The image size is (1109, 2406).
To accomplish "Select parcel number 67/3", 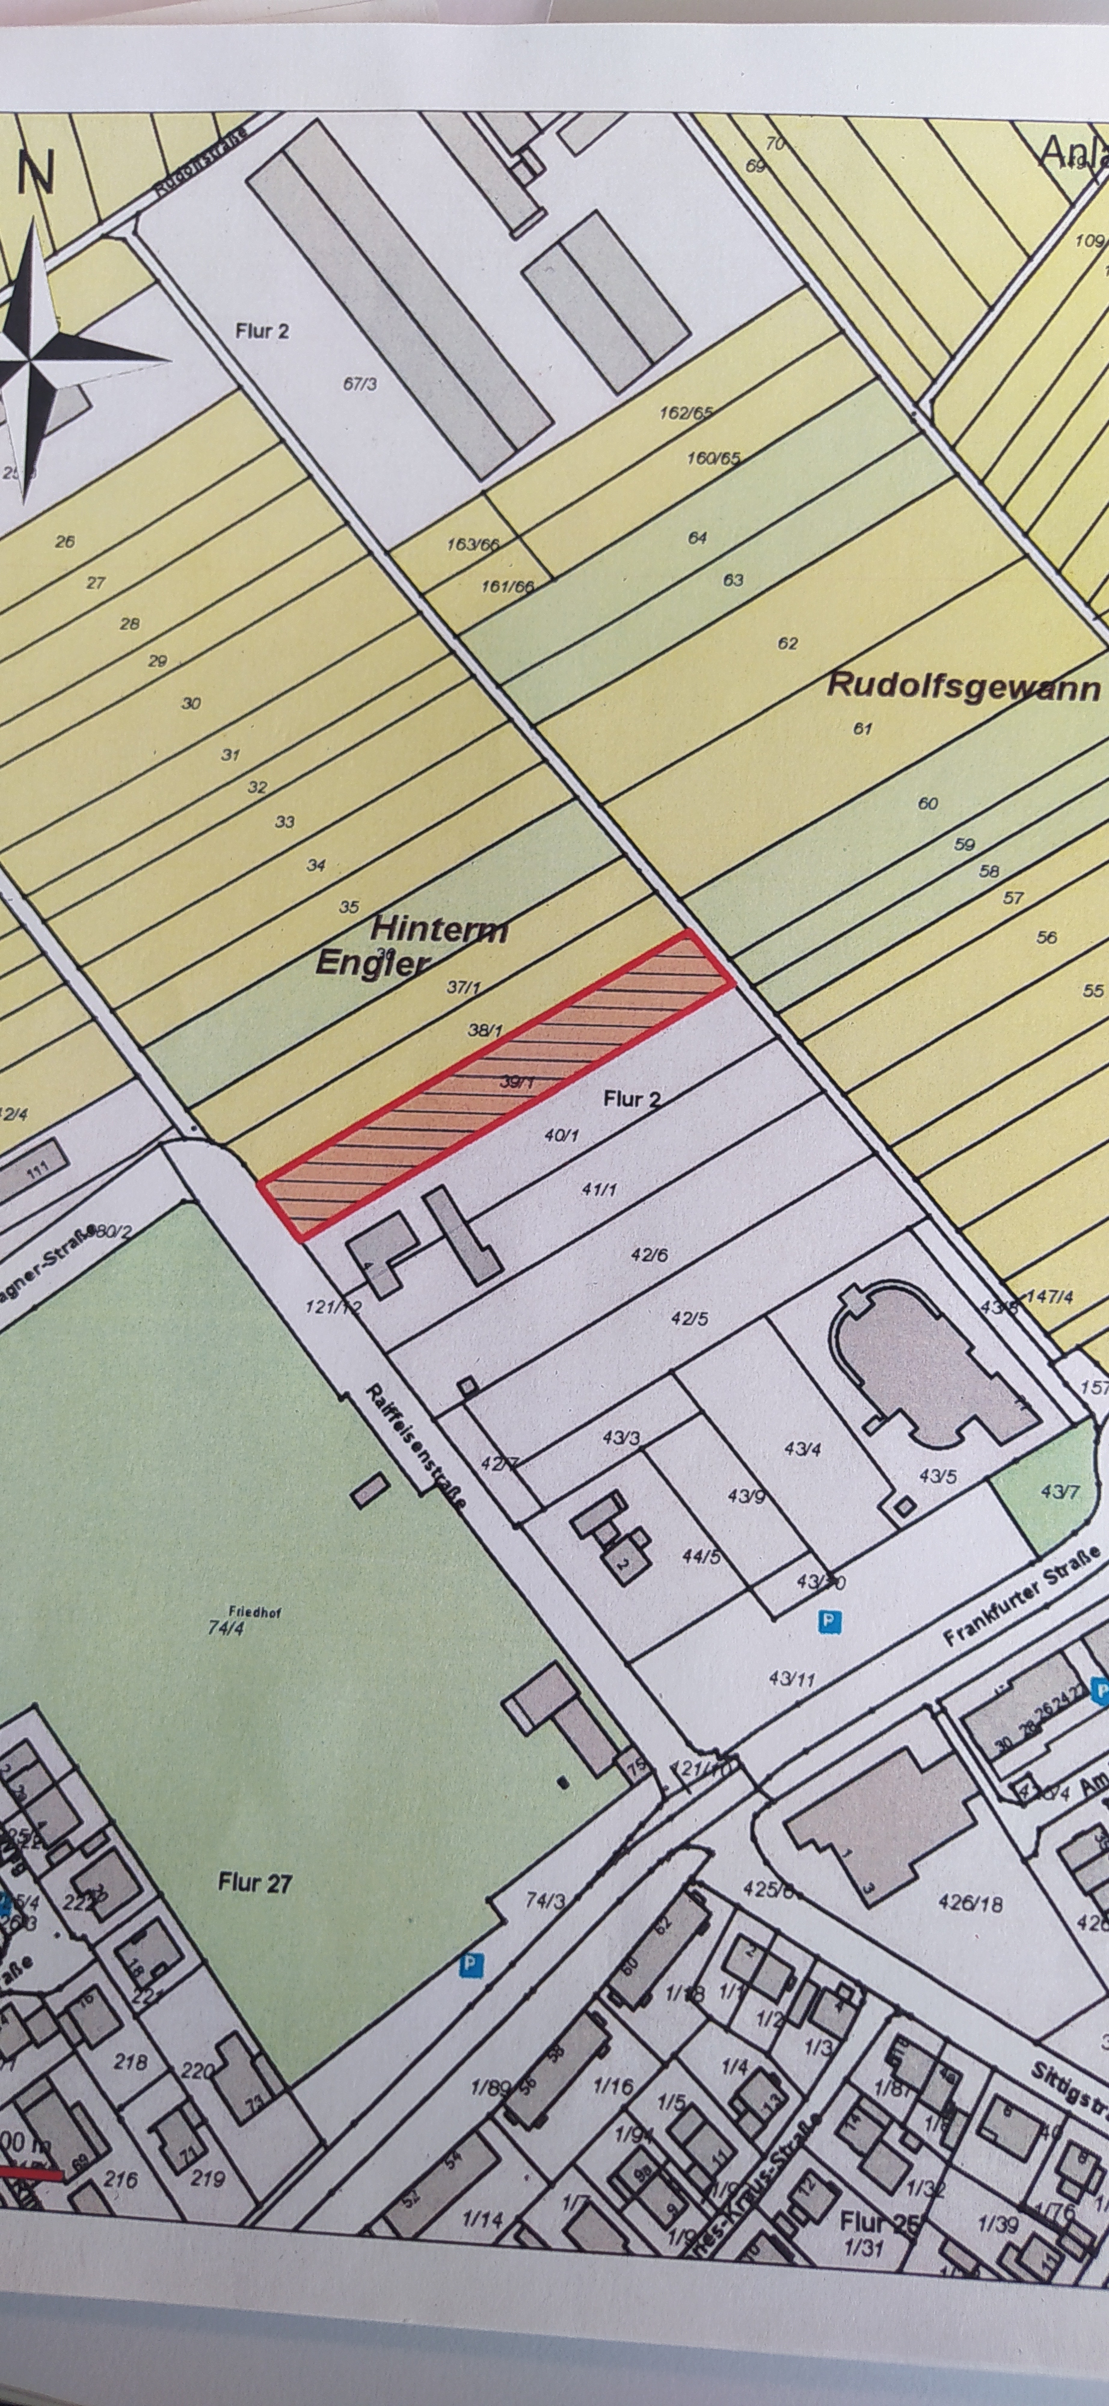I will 360,383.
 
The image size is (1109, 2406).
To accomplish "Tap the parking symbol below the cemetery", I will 475,1963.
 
